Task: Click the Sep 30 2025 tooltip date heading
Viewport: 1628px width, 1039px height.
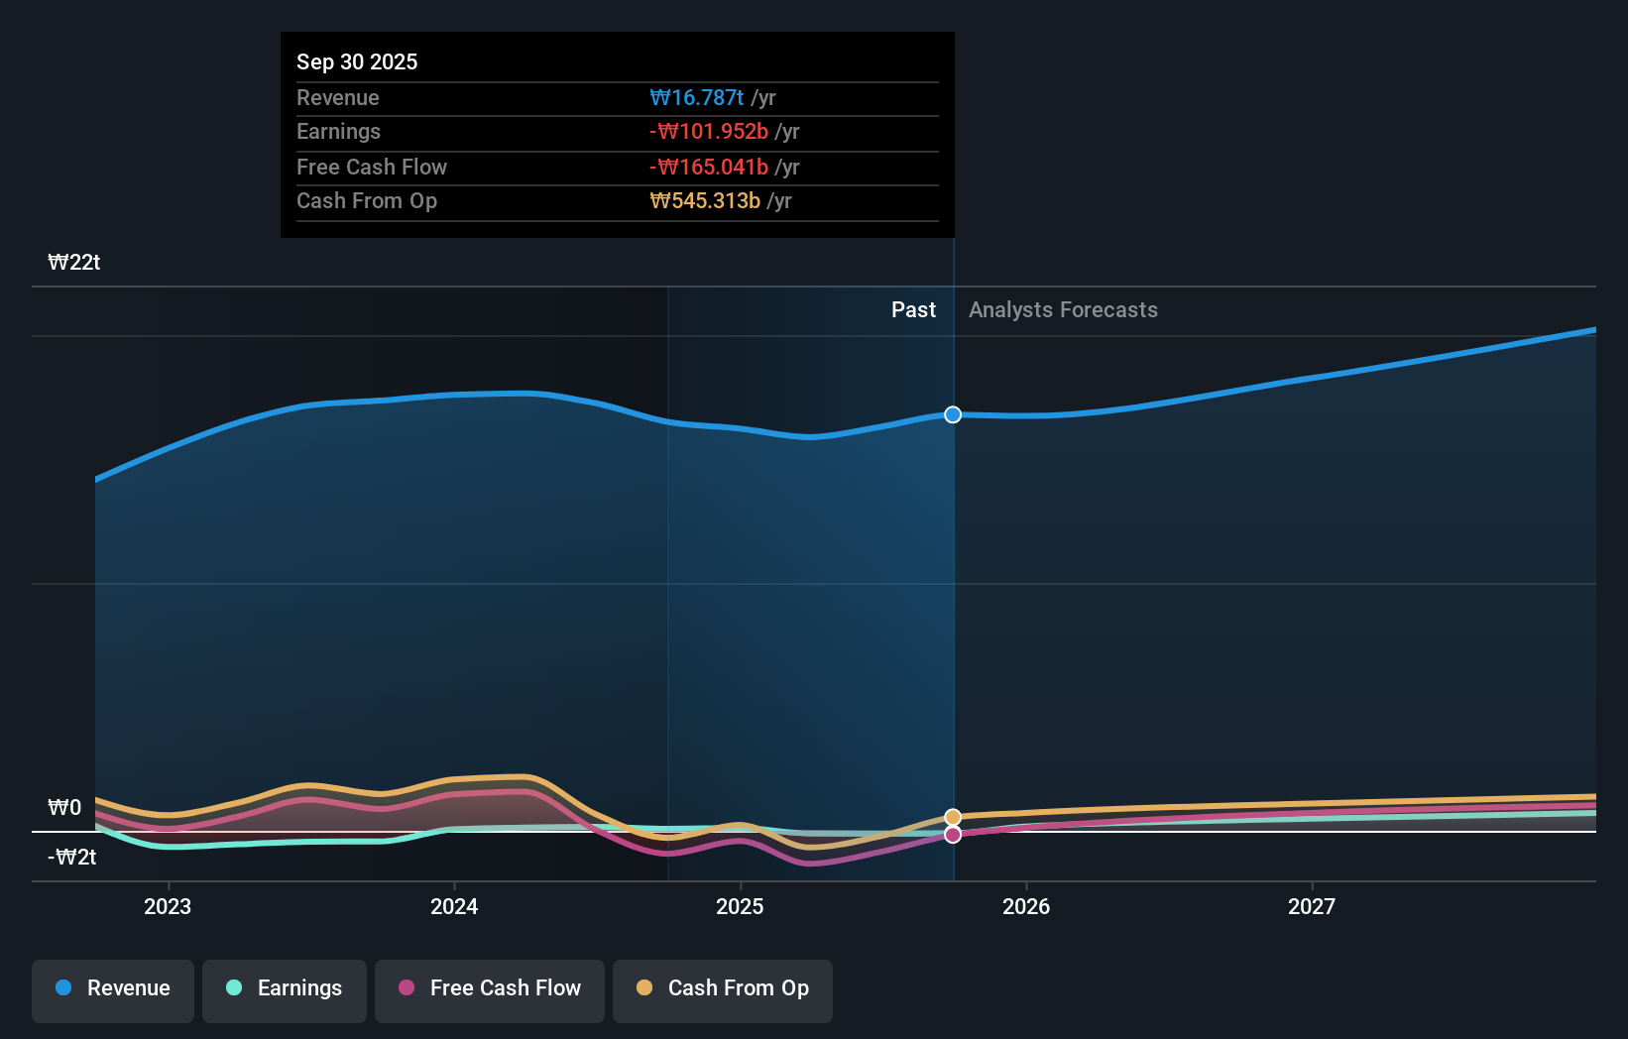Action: (357, 61)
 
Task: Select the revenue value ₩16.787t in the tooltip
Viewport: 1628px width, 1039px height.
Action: (696, 97)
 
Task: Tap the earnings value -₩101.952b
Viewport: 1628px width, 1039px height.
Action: (709, 132)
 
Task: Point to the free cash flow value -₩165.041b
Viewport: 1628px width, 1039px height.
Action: (709, 167)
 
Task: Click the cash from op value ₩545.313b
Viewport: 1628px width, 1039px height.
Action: (705, 201)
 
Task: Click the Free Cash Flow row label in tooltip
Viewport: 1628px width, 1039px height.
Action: (372, 167)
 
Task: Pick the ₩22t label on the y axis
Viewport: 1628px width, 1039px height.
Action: (74, 262)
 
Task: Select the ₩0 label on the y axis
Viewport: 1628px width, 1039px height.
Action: (65, 807)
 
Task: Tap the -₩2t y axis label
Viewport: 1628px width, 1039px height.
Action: (72, 857)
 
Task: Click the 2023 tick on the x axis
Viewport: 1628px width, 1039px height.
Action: (168, 906)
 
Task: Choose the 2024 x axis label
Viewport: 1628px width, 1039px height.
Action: (454, 906)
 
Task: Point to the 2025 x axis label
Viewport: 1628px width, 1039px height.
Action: (740, 906)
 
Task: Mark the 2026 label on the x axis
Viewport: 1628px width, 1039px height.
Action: (1026, 906)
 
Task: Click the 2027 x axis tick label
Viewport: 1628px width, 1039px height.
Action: (1312, 906)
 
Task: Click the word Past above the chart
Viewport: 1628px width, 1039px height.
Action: (913, 309)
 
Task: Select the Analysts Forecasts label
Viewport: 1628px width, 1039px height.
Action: (1063, 309)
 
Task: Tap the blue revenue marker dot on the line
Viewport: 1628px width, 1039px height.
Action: (953, 414)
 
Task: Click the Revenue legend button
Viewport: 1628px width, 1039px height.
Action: (113, 988)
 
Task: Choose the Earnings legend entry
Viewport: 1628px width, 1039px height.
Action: (285, 988)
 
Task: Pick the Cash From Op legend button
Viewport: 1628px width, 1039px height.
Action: (723, 988)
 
